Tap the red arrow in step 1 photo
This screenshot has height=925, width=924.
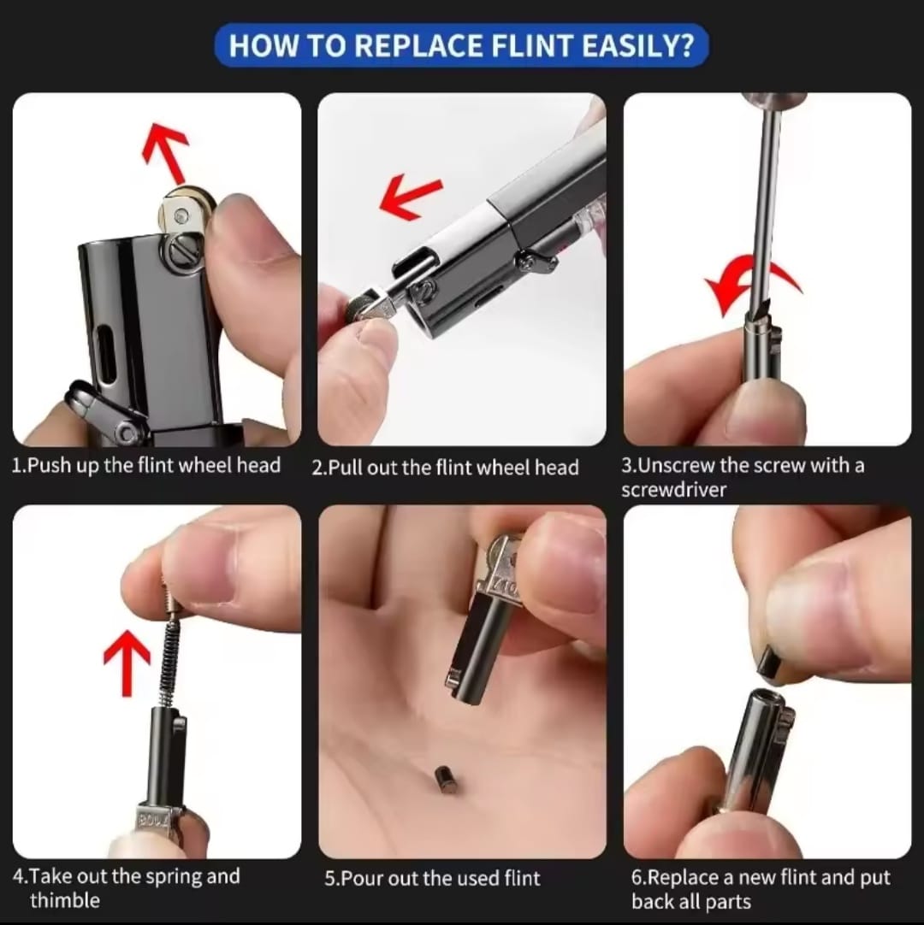coord(165,150)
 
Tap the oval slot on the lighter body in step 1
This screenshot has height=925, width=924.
coord(108,351)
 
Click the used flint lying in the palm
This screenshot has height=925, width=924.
coord(444,778)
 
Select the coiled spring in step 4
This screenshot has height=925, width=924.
coord(171,650)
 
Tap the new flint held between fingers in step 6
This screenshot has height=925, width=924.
coord(769,664)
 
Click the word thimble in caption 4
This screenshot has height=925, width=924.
coord(65,900)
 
